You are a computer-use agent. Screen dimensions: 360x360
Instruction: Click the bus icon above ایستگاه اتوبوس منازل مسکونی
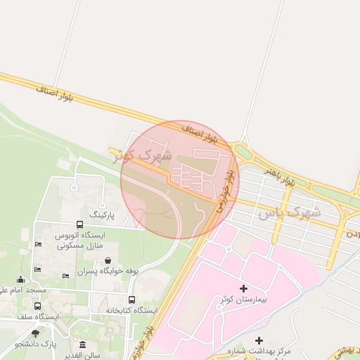pos(79,224)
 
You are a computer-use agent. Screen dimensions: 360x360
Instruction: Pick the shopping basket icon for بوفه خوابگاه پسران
pos(107,259)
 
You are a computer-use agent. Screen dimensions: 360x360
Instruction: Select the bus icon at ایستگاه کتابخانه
pos(132,299)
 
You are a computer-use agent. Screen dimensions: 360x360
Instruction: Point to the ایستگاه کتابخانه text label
pos(132,310)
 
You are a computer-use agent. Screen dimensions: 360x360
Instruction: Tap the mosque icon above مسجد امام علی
pos(21,279)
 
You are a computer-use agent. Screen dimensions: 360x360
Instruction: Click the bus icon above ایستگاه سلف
pos(37,306)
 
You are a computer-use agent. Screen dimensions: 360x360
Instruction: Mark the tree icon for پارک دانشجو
pos(36,333)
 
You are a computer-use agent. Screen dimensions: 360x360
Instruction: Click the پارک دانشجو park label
pos(37,344)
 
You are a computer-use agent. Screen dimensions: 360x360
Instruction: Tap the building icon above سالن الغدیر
pos(83,345)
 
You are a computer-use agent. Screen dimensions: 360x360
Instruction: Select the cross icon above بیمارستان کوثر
pos(244,288)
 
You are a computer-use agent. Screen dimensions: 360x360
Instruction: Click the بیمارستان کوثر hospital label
pos(243,300)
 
